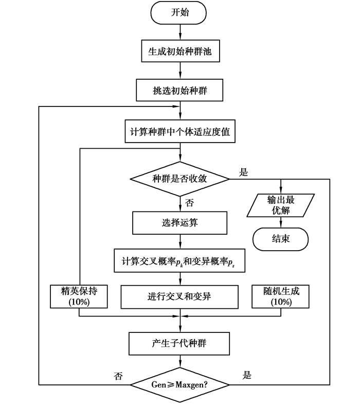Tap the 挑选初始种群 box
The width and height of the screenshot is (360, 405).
(x=179, y=91)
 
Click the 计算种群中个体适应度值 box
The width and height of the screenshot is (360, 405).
(x=179, y=131)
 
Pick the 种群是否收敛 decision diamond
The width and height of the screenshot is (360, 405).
(x=179, y=179)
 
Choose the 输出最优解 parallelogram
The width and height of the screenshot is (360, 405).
(x=280, y=205)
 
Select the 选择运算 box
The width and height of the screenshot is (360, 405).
(x=179, y=223)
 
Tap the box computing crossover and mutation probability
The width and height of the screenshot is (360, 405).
(x=179, y=261)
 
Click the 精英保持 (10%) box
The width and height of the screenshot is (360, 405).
(x=79, y=296)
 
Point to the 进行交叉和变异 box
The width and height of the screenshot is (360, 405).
(x=179, y=297)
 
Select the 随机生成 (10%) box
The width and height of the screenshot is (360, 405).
(x=280, y=296)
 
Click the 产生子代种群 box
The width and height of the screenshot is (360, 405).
(x=179, y=343)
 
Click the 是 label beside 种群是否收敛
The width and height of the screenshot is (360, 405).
(x=243, y=172)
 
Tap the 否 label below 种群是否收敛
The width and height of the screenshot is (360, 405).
(x=189, y=203)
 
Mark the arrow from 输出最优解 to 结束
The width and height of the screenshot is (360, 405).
(x=280, y=222)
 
